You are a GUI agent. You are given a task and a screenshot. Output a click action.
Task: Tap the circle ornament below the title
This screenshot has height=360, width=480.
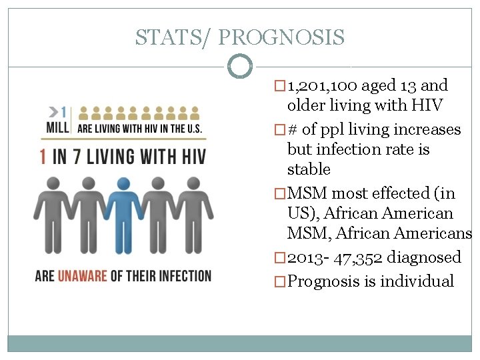coord(240,67)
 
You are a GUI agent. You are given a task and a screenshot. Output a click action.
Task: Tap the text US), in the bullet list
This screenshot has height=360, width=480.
coord(303,214)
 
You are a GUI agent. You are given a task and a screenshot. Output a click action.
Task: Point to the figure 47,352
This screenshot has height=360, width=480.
coord(359,257)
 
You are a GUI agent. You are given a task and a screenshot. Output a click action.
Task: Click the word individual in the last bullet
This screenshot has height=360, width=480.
coord(417,281)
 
